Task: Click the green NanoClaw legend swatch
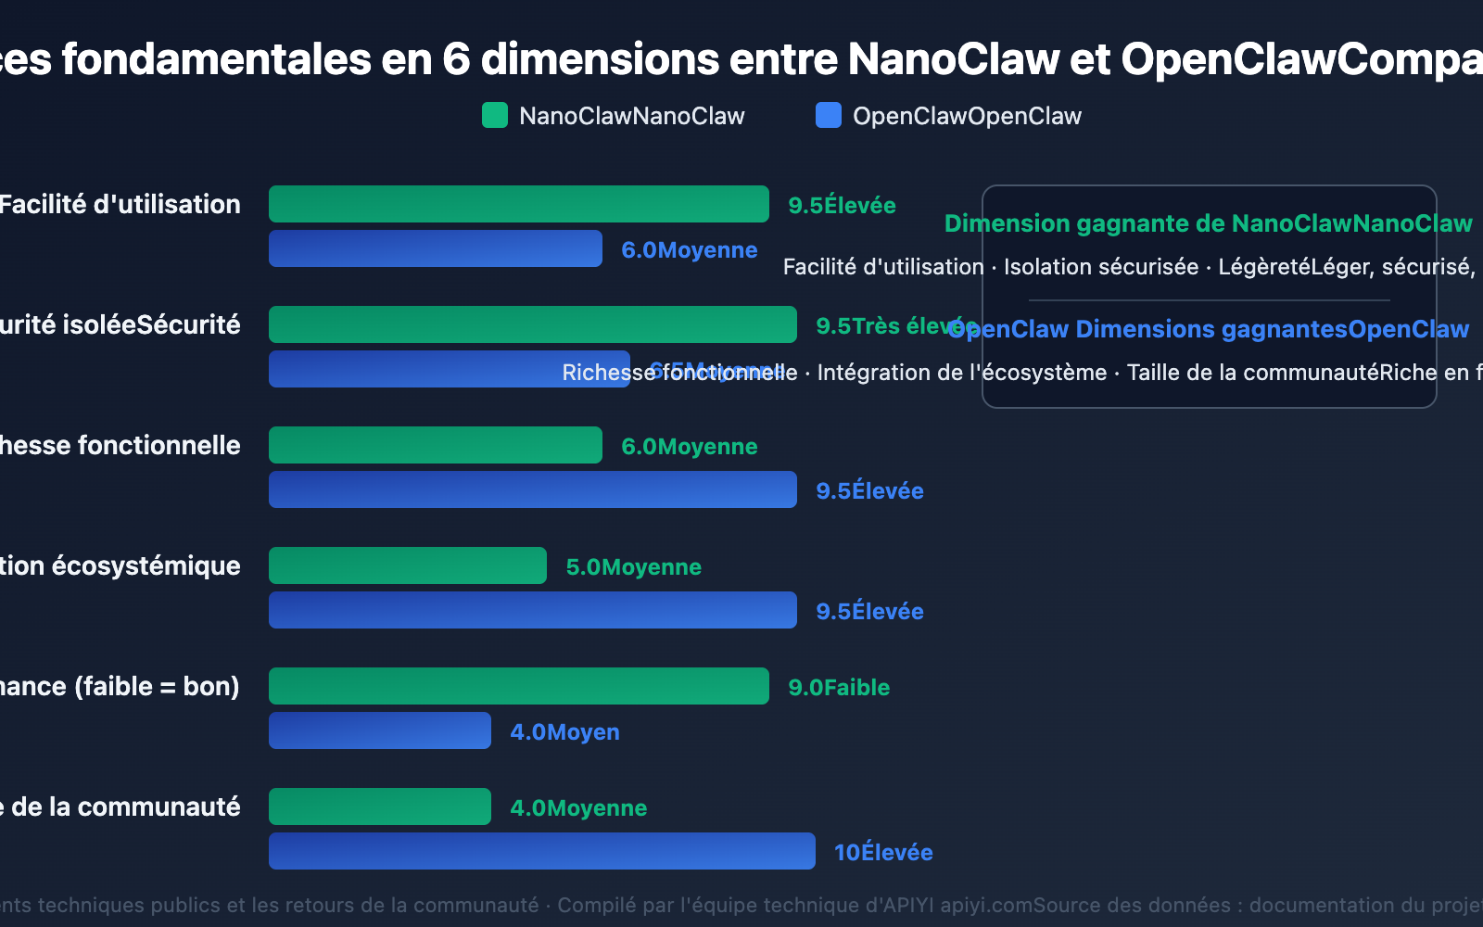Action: tap(495, 116)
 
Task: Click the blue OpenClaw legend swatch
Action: tap(828, 116)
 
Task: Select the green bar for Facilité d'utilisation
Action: tap(518, 204)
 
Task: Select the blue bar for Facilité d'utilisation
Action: tap(435, 248)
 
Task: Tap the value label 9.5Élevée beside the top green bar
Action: tap(842, 205)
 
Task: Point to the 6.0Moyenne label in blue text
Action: tap(689, 249)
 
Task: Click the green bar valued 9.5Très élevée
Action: tap(532, 324)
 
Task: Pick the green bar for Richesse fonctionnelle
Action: tap(435, 445)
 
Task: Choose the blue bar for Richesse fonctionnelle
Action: tap(532, 489)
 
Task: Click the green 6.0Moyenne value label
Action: tap(689, 446)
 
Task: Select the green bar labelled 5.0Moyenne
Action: tap(407, 565)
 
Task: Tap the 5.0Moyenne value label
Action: tap(633, 566)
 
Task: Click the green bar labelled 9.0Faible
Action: tap(518, 686)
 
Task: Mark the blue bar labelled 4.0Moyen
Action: tap(379, 730)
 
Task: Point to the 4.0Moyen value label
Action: tap(564, 731)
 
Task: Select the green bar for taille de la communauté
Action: tap(379, 806)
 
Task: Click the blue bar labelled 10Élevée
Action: tap(541, 851)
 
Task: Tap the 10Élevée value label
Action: tap(883, 852)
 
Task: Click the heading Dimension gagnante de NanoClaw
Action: tap(1208, 223)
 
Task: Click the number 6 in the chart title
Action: tap(456, 59)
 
